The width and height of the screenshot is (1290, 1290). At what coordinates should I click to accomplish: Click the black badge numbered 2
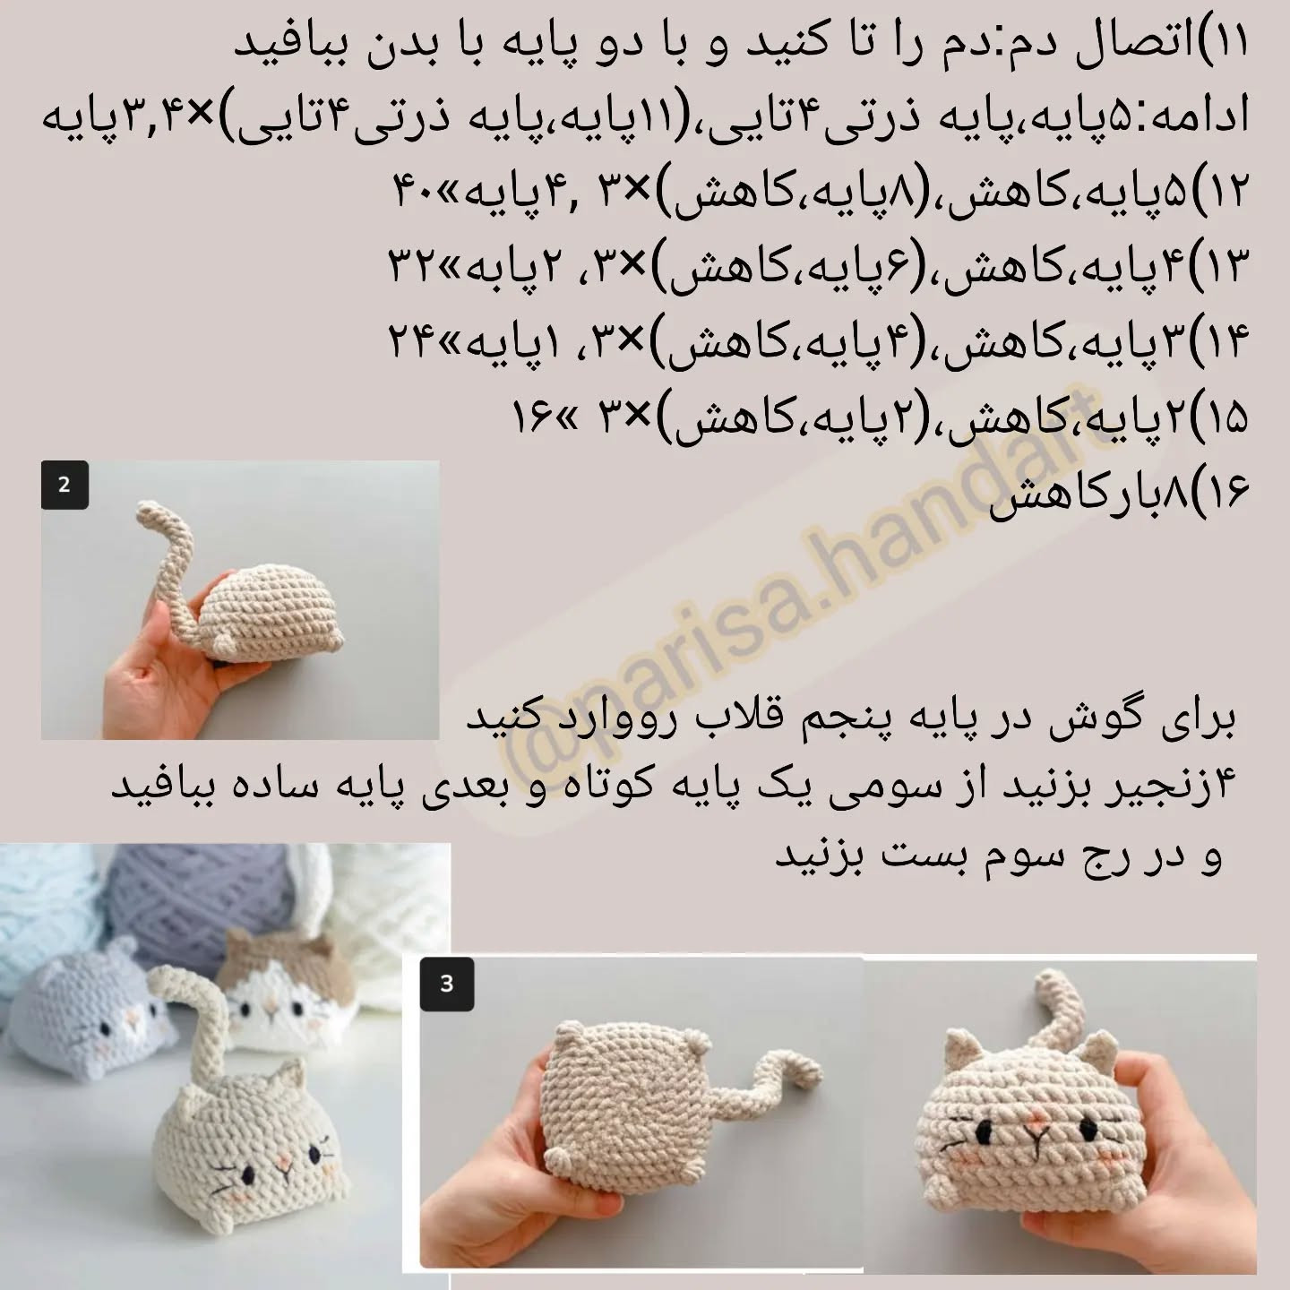64,485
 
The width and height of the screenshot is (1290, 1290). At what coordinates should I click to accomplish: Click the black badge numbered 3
446,984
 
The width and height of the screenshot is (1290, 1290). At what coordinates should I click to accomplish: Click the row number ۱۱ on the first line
1230,40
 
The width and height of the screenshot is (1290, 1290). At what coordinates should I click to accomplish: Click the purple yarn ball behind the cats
187,897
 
